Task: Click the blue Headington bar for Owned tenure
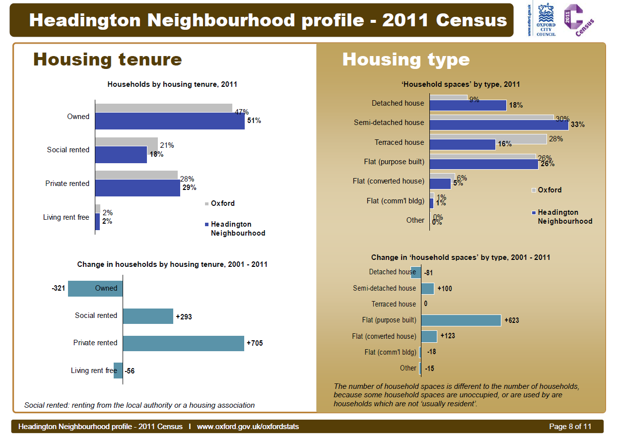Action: pos(169,121)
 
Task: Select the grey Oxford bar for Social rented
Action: pos(126,141)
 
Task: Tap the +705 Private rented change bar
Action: pos(183,343)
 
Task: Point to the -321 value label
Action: pos(59,288)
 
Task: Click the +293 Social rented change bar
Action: pos(148,316)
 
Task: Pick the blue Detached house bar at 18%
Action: pos(468,105)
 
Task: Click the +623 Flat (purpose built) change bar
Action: pos(461,320)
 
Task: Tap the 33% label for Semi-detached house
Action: pos(577,125)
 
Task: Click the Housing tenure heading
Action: pos(108,60)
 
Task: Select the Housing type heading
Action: pos(406,60)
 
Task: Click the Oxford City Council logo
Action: pos(546,20)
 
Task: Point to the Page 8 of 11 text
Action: pos(570,427)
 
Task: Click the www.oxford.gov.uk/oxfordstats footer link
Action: pos(248,427)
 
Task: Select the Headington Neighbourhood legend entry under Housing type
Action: pos(564,217)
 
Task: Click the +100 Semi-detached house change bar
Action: pos(427,289)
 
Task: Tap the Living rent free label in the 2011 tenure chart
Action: pos(66,217)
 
